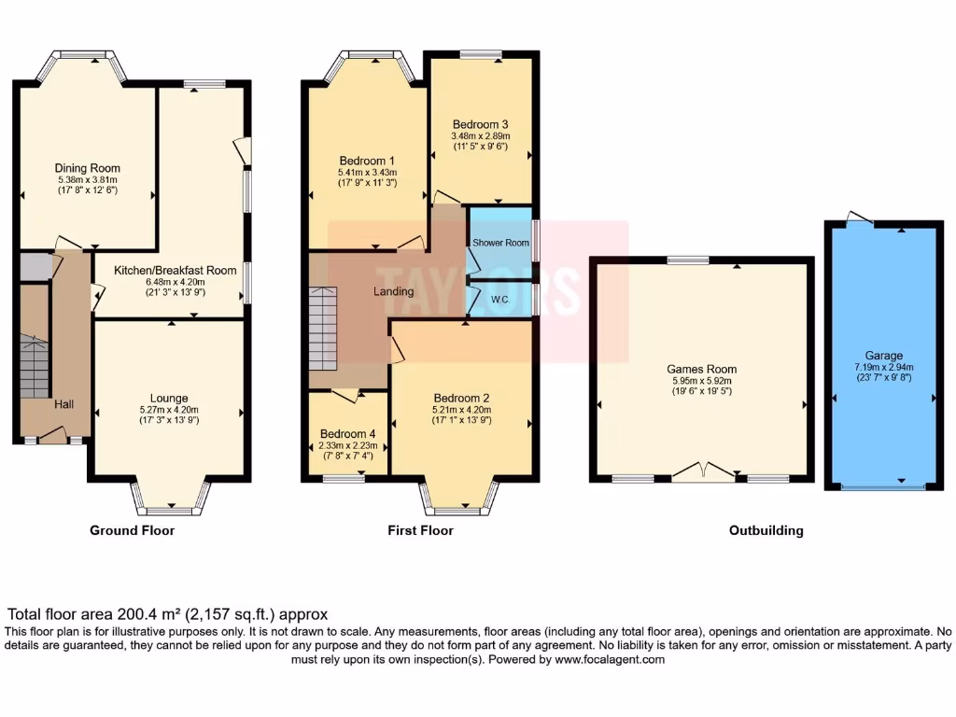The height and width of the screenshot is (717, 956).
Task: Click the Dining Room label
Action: (88, 168)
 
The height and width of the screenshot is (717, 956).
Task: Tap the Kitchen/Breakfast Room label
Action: (175, 270)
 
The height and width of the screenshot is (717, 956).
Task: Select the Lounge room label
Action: (169, 398)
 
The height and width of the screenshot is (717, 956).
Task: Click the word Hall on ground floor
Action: (63, 404)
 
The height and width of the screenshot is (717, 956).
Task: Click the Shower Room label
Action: (500, 243)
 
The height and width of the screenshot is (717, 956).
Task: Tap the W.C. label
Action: (499, 300)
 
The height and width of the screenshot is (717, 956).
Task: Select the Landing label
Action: (393, 291)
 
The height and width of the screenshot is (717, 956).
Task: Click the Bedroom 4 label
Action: (348, 434)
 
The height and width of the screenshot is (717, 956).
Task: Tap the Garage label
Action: (883, 356)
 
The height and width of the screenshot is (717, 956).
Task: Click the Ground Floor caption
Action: (132, 530)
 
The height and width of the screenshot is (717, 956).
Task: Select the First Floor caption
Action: (420, 530)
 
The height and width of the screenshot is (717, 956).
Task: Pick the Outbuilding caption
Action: (766, 530)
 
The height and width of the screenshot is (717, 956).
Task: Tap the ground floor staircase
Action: (35, 369)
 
